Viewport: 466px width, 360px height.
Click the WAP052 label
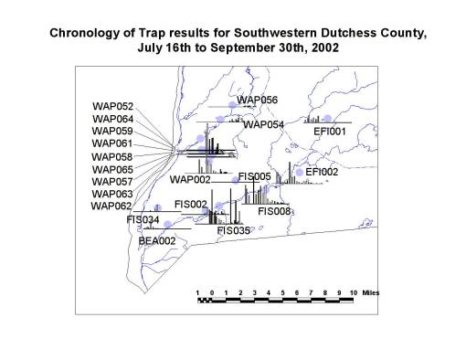tap(113, 106)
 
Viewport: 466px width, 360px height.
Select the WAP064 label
tap(113, 119)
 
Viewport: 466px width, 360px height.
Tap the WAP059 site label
tap(113, 131)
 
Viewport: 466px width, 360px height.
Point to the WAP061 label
tap(113, 143)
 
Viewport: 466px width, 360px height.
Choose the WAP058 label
tap(113, 156)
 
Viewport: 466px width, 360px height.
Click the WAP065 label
tap(113, 169)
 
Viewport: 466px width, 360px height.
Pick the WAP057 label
tap(113, 181)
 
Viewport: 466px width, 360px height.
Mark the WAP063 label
tap(113, 194)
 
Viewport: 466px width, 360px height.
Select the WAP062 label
tap(113, 206)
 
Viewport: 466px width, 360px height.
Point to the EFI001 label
tap(331, 132)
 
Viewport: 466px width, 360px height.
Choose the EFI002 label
tap(322, 172)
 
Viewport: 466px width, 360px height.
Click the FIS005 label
tap(254, 176)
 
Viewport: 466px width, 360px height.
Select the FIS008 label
tap(275, 211)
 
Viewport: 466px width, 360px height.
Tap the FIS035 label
tap(234, 231)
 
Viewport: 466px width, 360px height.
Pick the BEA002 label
tap(157, 240)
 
